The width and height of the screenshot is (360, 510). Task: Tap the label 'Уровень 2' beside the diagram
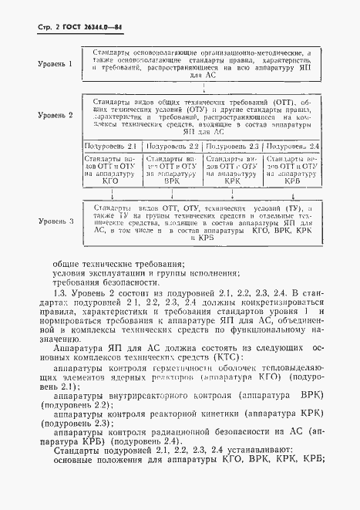pos(56,115)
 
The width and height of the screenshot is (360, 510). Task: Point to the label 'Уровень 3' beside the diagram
pos(56,221)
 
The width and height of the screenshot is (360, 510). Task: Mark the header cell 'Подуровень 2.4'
pos(291,146)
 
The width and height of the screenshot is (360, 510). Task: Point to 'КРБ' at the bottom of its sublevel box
pos(291,186)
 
